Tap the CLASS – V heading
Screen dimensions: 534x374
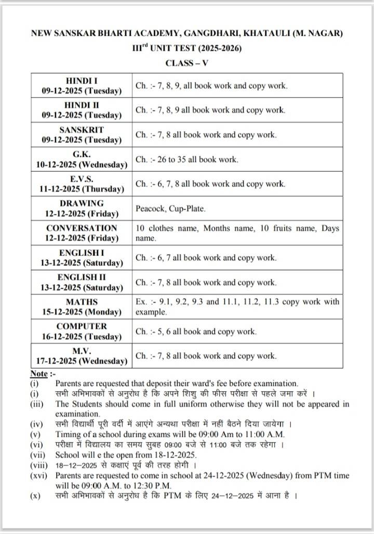tap(187, 63)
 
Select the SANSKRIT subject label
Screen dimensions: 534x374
tap(82, 129)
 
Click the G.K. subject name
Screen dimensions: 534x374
tap(82, 154)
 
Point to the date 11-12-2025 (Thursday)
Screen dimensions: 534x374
tap(82, 189)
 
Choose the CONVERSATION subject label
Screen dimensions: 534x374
tap(82, 228)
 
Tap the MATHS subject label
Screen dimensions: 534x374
tap(82, 302)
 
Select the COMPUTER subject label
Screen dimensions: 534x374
tap(82, 326)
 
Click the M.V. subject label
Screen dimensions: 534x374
tap(82, 351)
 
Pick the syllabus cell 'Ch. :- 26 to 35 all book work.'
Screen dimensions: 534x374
tap(187, 159)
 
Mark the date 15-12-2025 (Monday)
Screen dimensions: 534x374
tap(82, 312)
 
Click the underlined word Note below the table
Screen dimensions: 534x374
tap(39, 373)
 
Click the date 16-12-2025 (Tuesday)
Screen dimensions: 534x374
tap(82, 337)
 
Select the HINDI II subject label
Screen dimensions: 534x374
tap(82, 105)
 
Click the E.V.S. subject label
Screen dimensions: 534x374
tap(82, 179)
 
